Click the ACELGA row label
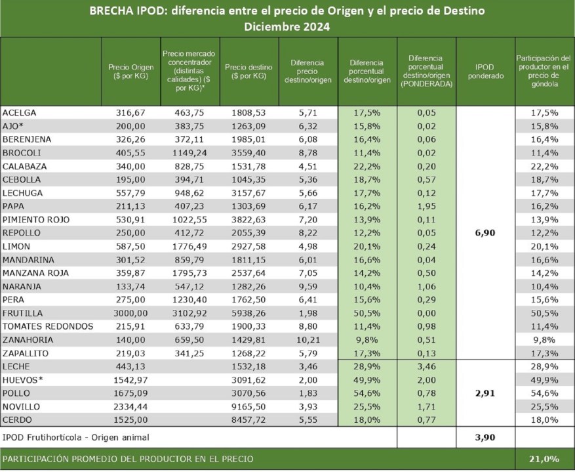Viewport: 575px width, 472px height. pyautogui.click(x=20, y=113)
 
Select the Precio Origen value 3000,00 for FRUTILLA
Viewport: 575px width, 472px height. pyautogui.click(x=132, y=313)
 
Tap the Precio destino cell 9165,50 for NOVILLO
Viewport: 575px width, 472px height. pyautogui.click(x=249, y=407)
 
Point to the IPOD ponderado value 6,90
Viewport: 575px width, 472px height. pyautogui.click(x=486, y=233)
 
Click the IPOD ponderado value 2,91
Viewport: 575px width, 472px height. pyautogui.click(x=486, y=394)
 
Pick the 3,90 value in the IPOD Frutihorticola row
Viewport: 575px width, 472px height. pyautogui.click(x=486, y=437)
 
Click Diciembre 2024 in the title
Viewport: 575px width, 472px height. pyautogui.click(x=287, y=28)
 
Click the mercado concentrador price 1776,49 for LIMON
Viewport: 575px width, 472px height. pyautogui.click(x=190, y=246)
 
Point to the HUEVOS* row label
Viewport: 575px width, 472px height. pyautogui.click(x=24, y=380)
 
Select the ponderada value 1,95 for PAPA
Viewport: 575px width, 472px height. pyautogui.click(x=426, y=206)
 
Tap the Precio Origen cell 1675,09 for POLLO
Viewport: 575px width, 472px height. pyautogui.click(x=132, y=394)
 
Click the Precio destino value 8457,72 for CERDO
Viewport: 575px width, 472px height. pyautogui.click(x=249, y=420)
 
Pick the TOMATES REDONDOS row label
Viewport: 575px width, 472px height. pyautogui.click(x=48, y=326)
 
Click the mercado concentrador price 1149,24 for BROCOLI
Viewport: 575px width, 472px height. pyautogui.click(x=190, y=153)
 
